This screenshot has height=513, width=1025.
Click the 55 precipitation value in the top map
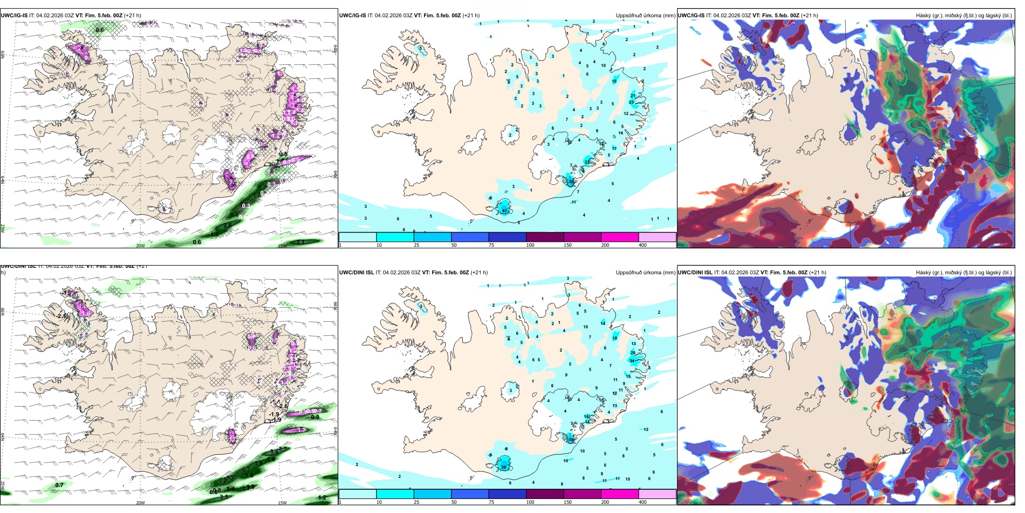(571, 182)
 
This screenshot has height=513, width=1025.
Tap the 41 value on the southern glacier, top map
(505, 211)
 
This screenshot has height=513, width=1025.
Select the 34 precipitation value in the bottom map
(632, 361)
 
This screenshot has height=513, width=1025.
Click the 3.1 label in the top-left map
(301, 242)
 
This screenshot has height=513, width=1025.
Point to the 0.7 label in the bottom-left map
(59, 485)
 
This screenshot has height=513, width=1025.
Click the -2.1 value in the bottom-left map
(61, 316)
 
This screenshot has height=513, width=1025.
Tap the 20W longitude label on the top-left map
(140, 246)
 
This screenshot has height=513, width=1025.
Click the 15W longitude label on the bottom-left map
(282, 503)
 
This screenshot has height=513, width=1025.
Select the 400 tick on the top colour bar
(643, 245)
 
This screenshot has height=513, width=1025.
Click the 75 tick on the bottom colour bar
(491, 502)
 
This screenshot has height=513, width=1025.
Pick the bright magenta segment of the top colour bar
(620, 237)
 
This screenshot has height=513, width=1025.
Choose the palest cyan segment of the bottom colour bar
(358, 494)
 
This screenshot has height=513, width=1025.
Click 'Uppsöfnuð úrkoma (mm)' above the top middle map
(645, 16)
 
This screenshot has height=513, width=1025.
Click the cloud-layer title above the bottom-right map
(963, 273)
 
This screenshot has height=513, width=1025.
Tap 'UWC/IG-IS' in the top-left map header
(14, 16)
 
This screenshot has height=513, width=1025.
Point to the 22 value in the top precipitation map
(587, 162)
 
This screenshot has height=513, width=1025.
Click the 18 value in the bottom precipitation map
(614, 338)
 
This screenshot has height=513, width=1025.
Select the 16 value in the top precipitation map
(614, 81)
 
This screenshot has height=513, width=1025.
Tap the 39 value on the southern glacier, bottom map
(504, 467)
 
